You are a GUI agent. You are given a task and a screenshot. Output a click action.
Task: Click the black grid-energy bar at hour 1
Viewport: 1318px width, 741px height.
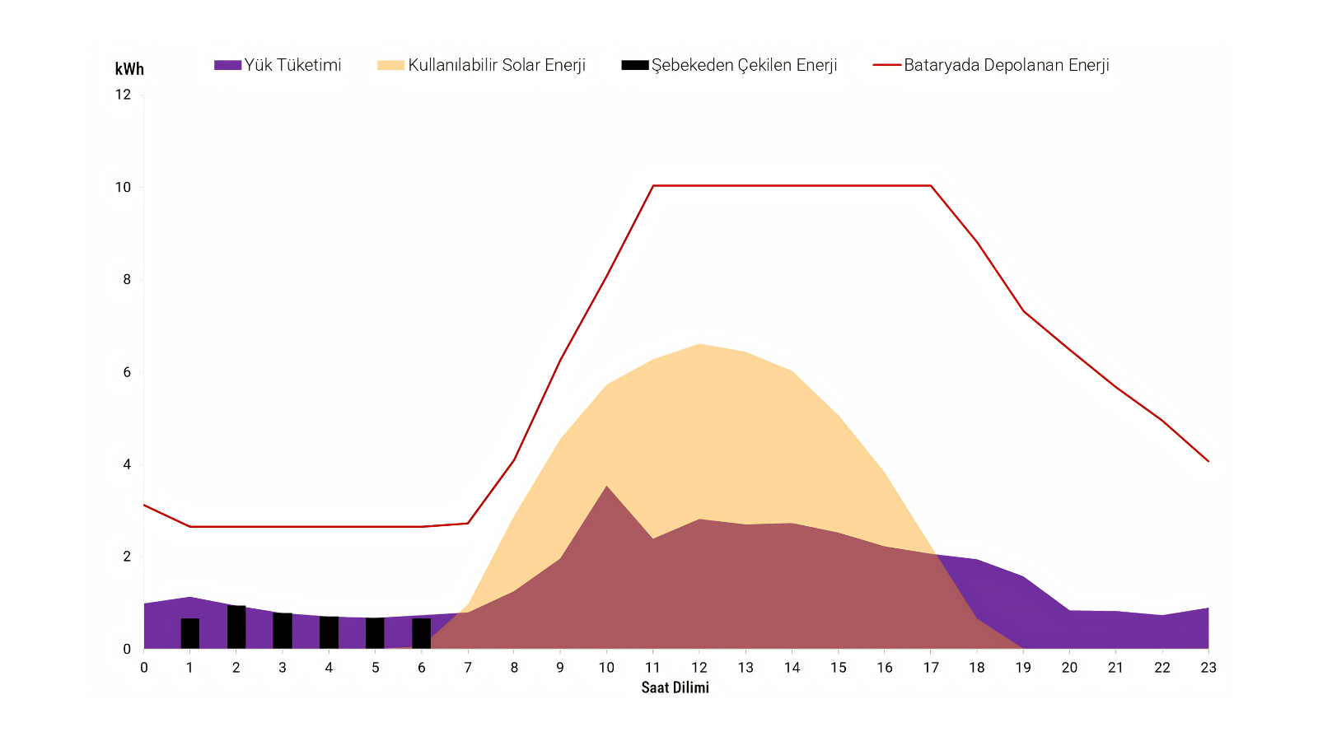(x=190, y=633)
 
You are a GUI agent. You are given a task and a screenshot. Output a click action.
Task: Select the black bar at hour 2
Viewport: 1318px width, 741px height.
(x=236, y=627)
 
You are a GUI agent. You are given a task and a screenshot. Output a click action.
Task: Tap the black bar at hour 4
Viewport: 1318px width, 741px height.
(x=329, y=633)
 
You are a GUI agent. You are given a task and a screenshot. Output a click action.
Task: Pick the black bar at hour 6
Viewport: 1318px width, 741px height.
(x=421, y=633)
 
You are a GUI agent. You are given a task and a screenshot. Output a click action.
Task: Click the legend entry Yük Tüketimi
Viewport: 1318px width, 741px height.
(x=278, y=65)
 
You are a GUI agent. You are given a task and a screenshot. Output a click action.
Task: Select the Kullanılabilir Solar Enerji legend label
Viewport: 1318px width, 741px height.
(x=481, y=65)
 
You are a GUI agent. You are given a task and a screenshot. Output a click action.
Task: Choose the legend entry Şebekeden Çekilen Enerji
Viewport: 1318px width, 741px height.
(x=729, y=65)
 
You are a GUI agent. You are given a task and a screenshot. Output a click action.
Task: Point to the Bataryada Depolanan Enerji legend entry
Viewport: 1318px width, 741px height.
(x=991, y=65)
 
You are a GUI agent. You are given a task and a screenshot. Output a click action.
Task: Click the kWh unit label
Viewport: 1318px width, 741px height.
(x=129, y=69)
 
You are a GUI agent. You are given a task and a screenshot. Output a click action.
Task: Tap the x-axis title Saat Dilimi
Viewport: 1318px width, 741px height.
(x=675, y=687)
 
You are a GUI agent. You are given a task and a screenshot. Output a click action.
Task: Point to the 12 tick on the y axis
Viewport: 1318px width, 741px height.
(x=123, y=95)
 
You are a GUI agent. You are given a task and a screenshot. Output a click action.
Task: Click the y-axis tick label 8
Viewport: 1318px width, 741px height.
(x=127, y=279)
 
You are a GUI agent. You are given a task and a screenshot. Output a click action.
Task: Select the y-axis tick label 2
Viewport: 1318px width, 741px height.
(x=127, y=557)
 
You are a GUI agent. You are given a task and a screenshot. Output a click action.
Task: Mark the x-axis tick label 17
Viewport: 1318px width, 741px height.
(x=930, y=668)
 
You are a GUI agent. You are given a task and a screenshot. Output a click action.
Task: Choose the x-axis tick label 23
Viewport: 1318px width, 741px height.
(x=1208, y=668)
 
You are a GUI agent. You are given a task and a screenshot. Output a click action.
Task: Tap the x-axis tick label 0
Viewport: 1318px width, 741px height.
(x=143, y=668)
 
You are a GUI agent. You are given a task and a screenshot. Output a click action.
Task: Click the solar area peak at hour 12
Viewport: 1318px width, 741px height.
(x=699, y=344)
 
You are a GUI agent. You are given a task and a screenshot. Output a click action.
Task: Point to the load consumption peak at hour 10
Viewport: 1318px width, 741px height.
(x=606, y=486)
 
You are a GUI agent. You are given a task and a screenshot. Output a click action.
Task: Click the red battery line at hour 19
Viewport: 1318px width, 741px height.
(x=1023, y=310)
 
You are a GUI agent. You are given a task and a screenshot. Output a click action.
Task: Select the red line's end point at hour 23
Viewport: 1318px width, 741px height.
(x=1208, y=461)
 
